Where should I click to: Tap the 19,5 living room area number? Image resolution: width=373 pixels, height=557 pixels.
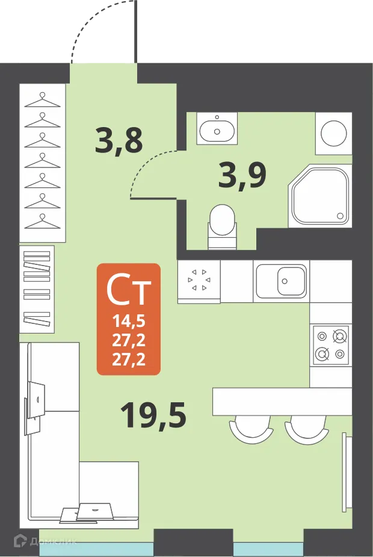pos(153,415)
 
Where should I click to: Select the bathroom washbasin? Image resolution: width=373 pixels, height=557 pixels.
pos(217,128)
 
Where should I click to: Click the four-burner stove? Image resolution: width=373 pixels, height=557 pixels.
pos(330,345)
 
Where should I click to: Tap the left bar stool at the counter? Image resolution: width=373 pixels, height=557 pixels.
pos(251,428)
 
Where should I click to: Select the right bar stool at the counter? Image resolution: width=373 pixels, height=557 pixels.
pos(306,428)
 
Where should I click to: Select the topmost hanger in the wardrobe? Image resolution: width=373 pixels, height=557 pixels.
pos(43,99)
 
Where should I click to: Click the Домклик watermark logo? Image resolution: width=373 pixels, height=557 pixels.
pos(46,541)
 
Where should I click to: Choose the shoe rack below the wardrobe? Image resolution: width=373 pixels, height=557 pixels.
pos(37,289)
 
